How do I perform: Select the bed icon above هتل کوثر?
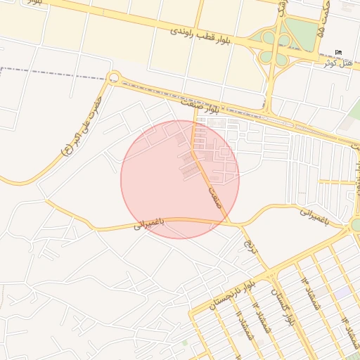point(339,52)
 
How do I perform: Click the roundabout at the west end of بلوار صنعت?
point(114,77)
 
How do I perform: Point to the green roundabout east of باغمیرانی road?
point(356,224)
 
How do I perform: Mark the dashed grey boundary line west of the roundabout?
point(49,70)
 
